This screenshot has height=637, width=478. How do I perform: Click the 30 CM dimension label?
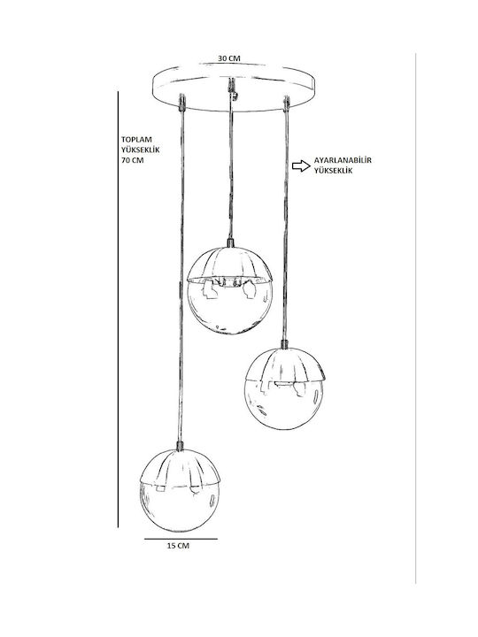point(229,58)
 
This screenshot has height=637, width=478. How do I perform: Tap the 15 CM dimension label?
point(178,546)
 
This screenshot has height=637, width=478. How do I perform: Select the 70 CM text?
point(133,160)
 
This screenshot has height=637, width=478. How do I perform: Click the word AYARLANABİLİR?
point(343,160)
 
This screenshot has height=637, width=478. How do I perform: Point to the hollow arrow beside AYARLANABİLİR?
point(301,165)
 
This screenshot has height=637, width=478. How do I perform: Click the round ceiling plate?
point(233,88)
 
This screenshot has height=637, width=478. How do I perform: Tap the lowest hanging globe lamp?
point(180,490)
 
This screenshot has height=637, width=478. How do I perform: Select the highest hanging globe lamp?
point(229,290)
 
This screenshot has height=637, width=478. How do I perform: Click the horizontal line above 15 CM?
point(181,539)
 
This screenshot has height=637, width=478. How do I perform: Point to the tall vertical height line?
point(119,310)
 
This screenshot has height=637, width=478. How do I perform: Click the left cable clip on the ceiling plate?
point(182,103)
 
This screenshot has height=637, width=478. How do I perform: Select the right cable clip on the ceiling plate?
point(287,104)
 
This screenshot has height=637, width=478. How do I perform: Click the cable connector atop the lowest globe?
point(179,446)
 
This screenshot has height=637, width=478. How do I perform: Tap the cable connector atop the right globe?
point(284,344)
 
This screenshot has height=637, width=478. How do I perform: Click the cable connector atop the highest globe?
point(230,243)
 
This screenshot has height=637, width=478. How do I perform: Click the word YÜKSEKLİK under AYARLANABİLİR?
point(333,171)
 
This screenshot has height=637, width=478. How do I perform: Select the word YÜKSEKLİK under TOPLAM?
point(141,150)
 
